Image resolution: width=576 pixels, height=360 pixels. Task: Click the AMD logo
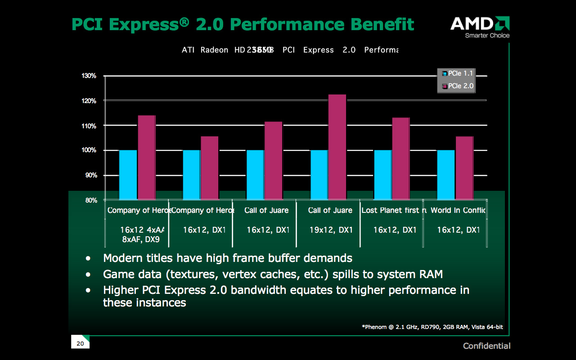pyautogui.click(x=480, y=23)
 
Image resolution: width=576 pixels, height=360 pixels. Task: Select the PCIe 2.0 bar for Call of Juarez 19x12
pyautogui.click(x=337, y=147)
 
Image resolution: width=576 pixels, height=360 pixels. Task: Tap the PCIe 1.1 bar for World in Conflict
pyautogui.click(x=446, y=175)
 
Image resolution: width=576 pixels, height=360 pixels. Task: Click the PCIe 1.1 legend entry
pyautogui.click(x=457, y=73)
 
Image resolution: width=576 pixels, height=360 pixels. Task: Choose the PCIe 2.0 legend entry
pyautogui.click(x=457, y=86)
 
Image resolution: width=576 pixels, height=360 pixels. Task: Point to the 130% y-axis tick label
pyautogui.click(x=89, y=76)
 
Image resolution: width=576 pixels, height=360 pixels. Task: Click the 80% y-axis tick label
pyautogui.click(x=91, y=200)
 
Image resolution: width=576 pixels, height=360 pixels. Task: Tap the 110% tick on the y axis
pyautogui.click(x=89, y=126)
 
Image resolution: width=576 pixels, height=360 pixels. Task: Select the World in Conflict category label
pyautogui.click(x=458, y=210)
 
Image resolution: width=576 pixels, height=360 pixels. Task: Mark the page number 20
pyautogui.click(x=80, y=344)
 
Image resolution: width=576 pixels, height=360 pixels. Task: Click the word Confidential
pyautogui.click(x=486, y=346)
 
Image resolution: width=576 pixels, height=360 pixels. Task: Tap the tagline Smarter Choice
pyautogui.click(x=487, y=36)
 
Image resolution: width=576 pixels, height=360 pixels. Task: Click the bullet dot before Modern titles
pyautogui.click(x=88, y=259)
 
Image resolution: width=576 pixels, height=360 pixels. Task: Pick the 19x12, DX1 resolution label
pyautogui.click(x=331, y=230)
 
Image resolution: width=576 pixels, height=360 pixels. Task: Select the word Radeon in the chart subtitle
pyautogui.click(x=214, y=50)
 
